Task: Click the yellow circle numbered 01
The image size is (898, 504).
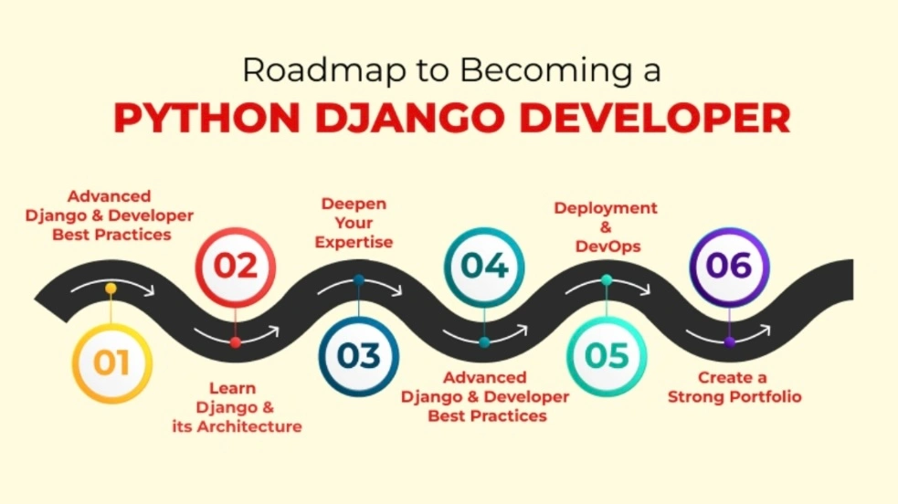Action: pos(111,363)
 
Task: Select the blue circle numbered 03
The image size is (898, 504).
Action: pos(359,356)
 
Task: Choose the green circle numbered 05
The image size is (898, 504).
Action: pos(607,356)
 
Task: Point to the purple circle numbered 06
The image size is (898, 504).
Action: pos(729,267)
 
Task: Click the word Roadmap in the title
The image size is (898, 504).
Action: pos(301,69)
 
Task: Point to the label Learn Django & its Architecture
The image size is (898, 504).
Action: pos(237,407)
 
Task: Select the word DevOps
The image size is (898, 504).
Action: pos(607,247)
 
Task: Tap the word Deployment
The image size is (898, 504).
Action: pos(606,208)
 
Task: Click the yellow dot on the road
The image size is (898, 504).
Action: pos(111,289)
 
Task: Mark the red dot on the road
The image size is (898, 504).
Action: pos(236,342)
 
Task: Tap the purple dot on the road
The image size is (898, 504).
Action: pos(729,342)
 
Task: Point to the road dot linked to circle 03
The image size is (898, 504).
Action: pos(359,279)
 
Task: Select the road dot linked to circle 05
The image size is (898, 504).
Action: pos(607,279)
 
